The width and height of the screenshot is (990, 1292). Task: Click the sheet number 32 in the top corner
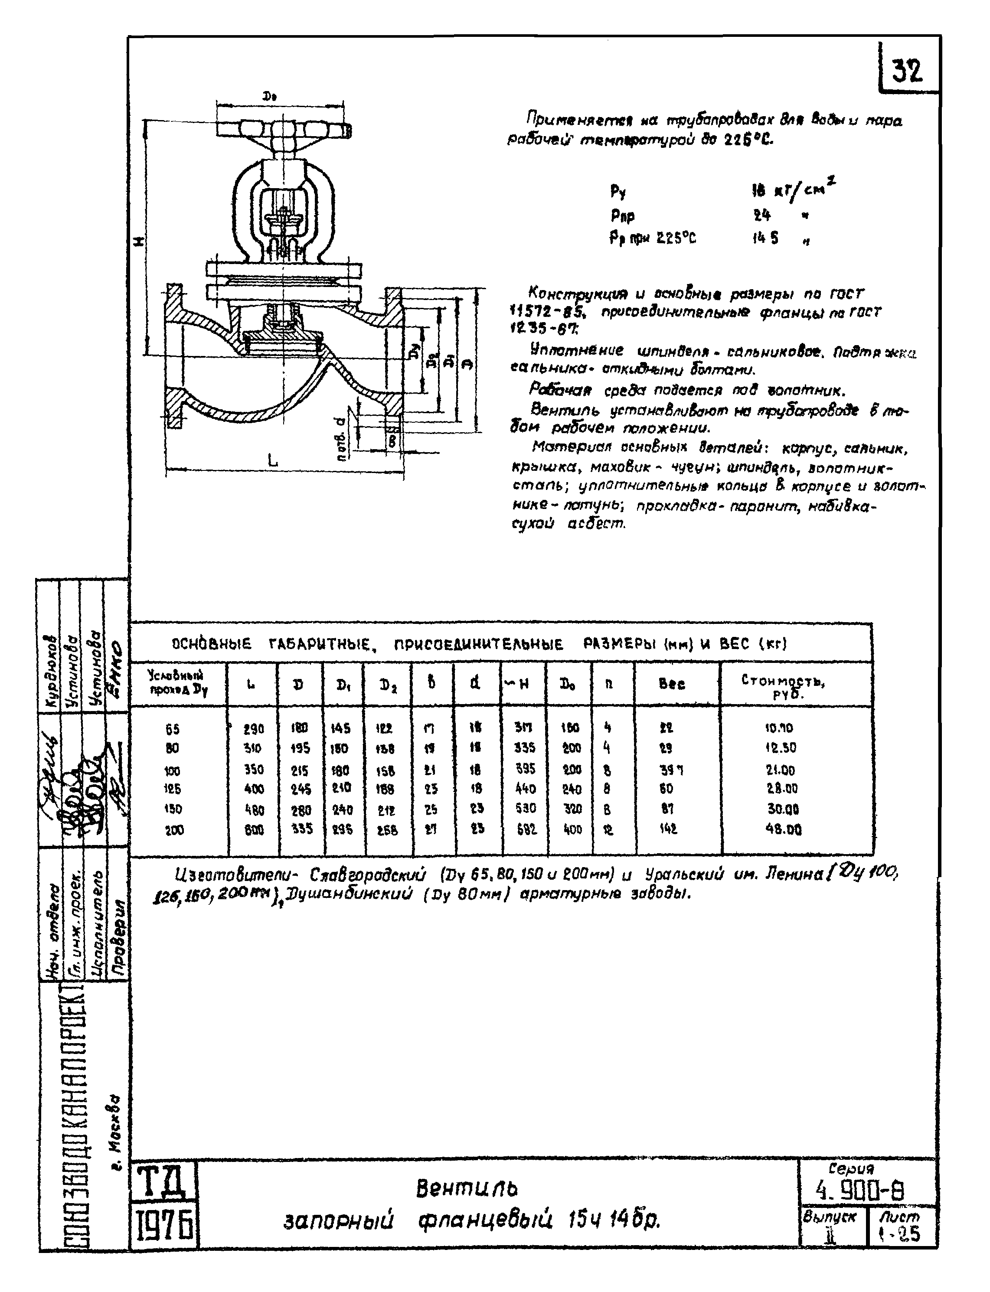(x=906, y=71)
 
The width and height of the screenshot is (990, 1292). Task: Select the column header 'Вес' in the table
(x=672, y=684)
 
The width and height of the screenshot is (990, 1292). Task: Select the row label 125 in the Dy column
(x=173, y=789)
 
